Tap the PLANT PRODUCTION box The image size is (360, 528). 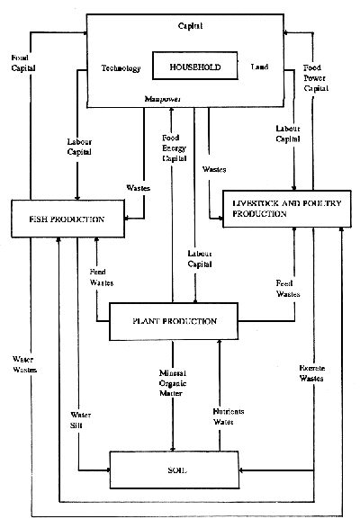pyautogui.click(x=162, y=321)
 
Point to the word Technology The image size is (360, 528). pyautogui.click(x=120, y=68)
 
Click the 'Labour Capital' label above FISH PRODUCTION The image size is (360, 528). pyautogui.click(x=79, y=146)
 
